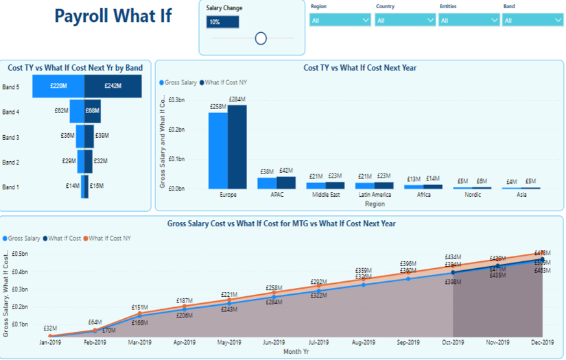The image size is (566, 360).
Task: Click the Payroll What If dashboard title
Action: pos(113,16)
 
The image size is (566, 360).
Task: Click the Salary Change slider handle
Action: pos(261,38)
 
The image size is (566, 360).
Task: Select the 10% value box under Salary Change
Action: pos(222,22)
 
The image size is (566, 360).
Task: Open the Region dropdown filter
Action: pos(340,21)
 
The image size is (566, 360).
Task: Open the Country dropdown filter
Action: pos(405,21)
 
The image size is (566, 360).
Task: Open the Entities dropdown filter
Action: pos(469,21)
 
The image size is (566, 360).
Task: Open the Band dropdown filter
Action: pos(532,21)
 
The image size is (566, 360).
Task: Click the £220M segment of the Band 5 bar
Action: pos(58,86)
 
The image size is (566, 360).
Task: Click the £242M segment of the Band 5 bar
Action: pos(113,86)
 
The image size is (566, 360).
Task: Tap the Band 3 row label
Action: pos(11,138)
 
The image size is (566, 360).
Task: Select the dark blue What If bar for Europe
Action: pos(237,147)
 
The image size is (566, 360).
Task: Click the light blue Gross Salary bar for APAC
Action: pos(267,183)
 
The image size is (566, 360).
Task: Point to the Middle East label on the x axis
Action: pos(325,195)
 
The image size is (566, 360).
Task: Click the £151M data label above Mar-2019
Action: pos(140,308)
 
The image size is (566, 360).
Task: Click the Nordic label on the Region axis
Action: pos(473,195)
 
